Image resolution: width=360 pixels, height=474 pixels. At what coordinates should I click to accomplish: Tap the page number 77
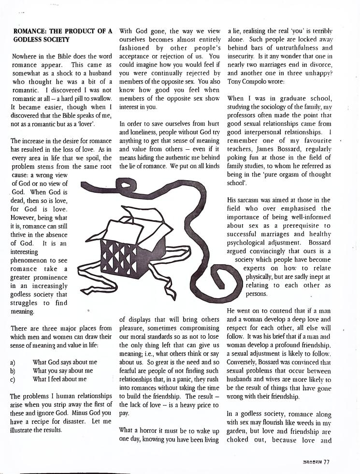(x=327, y=461)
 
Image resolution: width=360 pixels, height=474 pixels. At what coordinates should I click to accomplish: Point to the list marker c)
(x=13, y=379)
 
